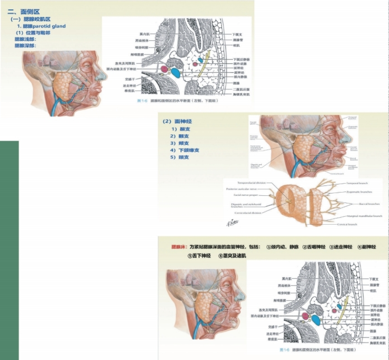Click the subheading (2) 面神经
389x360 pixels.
tap(177, 121)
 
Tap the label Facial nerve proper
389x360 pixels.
tap(246, 195)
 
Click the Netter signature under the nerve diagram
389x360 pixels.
tap(231, 223)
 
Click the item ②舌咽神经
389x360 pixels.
tap(314, 247)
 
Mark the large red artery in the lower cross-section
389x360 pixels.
tap(305, 315)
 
